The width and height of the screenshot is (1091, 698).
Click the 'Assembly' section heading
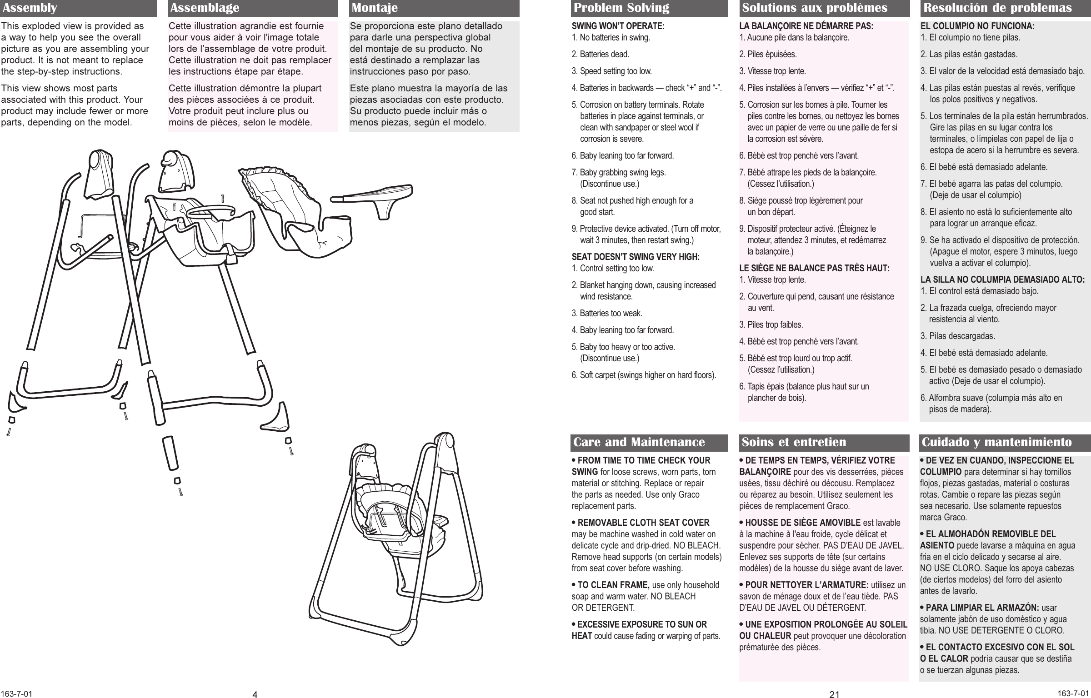point(30,8)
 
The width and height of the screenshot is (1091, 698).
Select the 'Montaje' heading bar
point(375,8)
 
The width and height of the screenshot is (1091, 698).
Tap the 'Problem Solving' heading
point(621,8)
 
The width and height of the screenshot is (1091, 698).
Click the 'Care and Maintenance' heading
point(639,442)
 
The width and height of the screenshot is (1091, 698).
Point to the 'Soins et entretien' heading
point(794,442)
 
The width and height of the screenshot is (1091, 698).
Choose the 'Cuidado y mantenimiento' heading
point(995,442)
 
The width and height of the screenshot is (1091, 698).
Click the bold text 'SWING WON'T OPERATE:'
point(618,26)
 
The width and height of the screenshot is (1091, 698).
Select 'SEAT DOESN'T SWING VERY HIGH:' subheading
point(635,257)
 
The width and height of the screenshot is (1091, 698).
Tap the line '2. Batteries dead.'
point(600,55)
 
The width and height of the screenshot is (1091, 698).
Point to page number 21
point(834,694)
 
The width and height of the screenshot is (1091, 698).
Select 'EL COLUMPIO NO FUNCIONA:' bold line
point(977,26)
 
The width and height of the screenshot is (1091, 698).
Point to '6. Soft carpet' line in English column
point(643,375)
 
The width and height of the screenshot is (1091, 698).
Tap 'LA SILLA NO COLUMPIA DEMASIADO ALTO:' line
point(1005,280)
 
